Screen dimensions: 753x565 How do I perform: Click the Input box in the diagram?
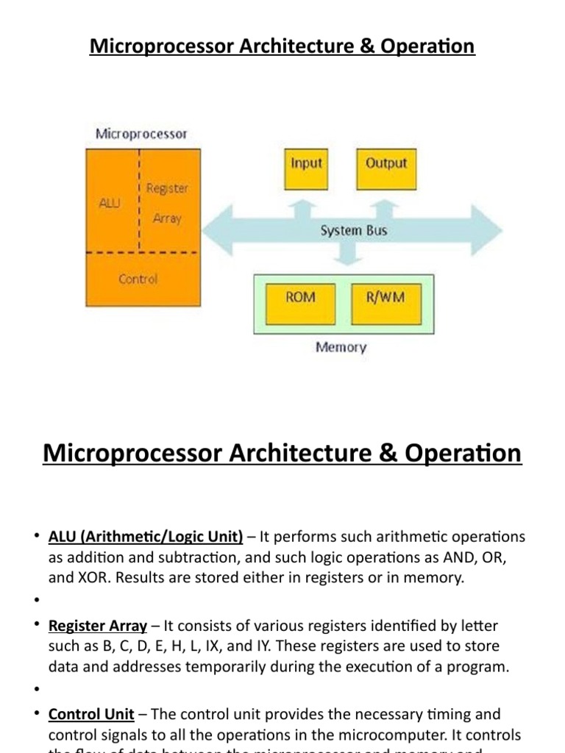(306, 168)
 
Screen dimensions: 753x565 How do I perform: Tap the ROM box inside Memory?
(300, 301)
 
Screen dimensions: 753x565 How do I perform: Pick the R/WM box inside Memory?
(385, 301)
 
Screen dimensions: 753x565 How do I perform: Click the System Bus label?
(353, 231)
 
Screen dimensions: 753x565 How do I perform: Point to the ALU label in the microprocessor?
(109, 203)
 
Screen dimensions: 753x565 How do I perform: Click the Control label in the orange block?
(138, 279)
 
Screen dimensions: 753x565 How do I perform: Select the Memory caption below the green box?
(341, 347)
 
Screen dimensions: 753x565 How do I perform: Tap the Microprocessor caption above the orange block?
(141, 134)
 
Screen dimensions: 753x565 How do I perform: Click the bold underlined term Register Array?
(98, 627)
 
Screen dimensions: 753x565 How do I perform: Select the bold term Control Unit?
(91, 715)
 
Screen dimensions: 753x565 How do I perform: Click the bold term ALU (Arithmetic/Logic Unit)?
(146, 538)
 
